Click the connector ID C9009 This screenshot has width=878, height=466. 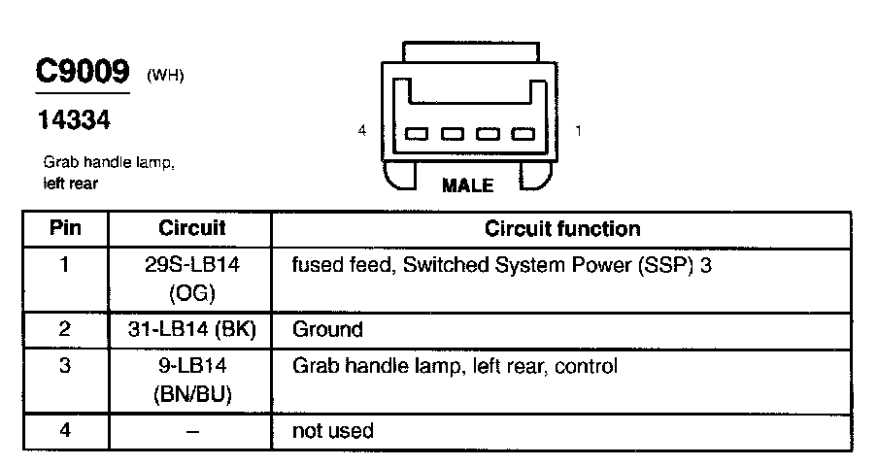(82, 73)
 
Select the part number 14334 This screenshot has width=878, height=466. (73, 120)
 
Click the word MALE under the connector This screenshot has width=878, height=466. (467, 185)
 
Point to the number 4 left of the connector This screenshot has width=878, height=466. (362, 130)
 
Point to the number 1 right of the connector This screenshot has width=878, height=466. (579, 130)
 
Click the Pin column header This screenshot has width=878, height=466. (65, 229)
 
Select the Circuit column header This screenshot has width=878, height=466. (191, 229)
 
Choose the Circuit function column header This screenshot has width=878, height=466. (562, 229)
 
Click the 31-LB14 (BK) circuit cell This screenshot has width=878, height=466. (191, 329)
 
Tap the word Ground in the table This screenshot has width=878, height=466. (327, 329)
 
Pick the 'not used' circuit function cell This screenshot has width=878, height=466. (332, 430)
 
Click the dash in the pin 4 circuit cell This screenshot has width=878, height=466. (191, 431)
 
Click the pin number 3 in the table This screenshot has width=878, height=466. (64, 367)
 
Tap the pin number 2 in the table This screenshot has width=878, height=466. (64, 329)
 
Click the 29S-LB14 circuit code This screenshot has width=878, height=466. (191, 264)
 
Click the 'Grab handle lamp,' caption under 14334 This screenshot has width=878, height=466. (109, 163)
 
